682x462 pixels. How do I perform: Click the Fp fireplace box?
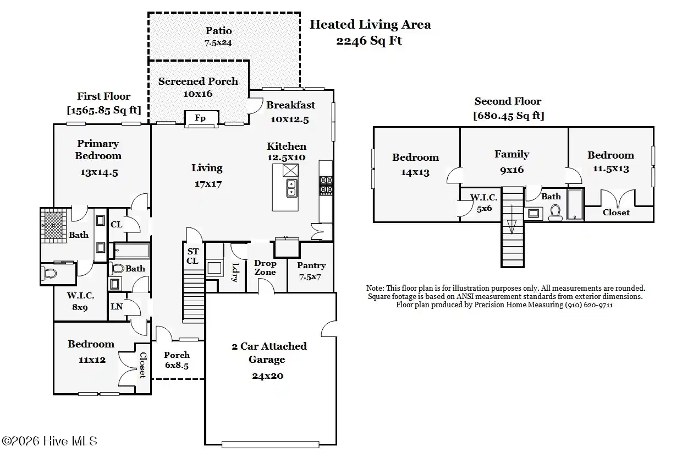201,118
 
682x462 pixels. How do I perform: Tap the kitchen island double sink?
291,188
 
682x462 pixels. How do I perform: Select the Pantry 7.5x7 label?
311,271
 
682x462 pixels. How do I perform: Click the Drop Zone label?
265,268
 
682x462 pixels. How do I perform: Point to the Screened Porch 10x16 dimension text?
197,94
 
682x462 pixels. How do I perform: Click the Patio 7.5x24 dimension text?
218,43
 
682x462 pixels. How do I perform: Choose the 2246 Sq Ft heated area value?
369,41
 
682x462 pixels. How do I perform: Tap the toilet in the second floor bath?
555,213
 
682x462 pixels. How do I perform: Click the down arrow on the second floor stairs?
512,219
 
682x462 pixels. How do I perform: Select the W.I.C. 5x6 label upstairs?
483,203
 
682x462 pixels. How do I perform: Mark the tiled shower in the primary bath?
53,225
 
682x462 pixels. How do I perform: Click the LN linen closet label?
116,306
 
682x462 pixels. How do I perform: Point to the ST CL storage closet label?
193,256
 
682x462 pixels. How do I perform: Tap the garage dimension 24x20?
268,376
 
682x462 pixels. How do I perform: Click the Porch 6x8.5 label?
177,360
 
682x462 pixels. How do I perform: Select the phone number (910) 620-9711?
589,305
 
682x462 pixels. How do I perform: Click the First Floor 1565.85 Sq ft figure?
104,110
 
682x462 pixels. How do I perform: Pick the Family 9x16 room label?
512,161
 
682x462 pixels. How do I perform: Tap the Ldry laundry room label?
235,272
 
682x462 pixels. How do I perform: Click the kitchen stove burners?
326,185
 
